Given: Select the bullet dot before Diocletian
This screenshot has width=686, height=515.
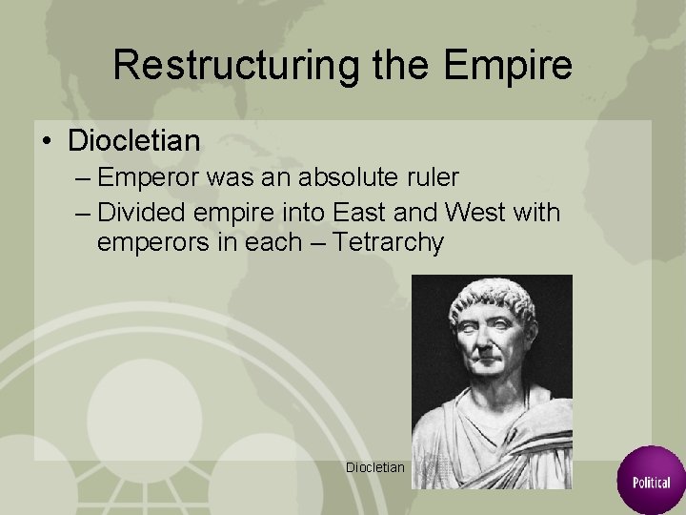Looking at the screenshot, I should pos(46,142).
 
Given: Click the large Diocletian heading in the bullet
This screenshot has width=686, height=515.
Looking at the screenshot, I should pos(133,141).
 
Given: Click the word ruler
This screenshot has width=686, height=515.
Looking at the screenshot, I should pos(428,177).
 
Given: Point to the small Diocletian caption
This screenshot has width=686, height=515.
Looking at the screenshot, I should pos(376,467).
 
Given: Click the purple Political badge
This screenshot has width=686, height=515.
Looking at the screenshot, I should pos(651,479).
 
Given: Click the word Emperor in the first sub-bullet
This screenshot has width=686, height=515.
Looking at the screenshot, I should pos(145,177).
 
